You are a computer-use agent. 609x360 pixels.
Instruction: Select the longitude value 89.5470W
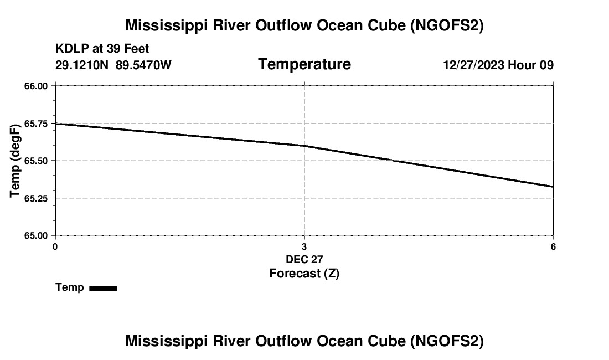coord(143,65)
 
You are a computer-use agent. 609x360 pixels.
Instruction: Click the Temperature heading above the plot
coord(304,64)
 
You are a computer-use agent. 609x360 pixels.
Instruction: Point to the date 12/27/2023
coord(473,65)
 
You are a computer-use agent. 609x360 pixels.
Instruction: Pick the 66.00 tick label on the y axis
coord(36,86)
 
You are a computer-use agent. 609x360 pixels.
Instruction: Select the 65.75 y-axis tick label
coord(36,124)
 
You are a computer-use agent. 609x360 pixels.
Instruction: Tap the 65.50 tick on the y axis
coord(36,161)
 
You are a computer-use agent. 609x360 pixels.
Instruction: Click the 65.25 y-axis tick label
coord(36,198)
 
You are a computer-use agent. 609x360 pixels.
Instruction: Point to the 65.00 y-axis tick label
coord(36,235)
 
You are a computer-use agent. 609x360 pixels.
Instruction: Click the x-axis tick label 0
coord(55,246)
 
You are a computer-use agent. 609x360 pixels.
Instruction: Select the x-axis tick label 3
coord(304,246)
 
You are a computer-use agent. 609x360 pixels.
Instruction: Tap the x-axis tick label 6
coord(553,246)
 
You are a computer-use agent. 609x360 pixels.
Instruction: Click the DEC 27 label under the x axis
coord(304,259)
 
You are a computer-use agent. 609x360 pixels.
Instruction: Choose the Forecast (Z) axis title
coord(304,274)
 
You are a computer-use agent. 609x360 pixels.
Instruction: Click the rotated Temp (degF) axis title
coord(15,161)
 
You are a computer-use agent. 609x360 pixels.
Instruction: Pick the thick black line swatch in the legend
coord(103,288)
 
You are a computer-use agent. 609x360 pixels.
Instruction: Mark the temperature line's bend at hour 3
coord(304,146)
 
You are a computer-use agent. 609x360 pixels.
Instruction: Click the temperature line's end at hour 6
coord(553,187)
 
